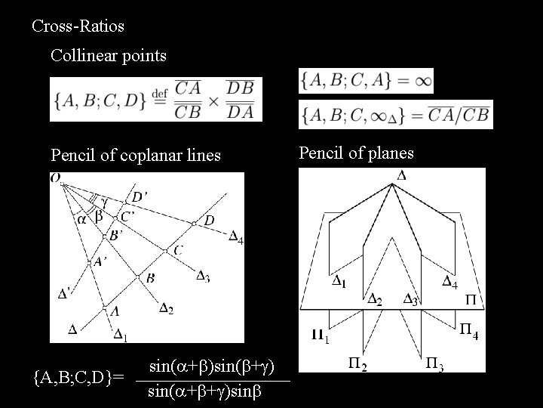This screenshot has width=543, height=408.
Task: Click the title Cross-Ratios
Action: coord(78,26)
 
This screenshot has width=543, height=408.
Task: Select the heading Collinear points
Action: coord(109,55)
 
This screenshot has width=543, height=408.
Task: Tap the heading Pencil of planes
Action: coord(356,153)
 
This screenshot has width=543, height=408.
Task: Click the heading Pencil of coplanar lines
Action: coord(136,156)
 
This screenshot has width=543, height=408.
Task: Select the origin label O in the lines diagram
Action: coord(56,178)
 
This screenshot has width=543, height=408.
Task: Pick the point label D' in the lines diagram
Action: coord(140,197)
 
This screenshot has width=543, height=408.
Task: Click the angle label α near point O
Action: coord(81,219)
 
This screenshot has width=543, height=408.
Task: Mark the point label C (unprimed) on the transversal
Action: coord(178,249)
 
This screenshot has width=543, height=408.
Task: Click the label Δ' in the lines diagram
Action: coord(66,294)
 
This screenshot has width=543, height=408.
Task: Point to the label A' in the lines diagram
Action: coord(100,262)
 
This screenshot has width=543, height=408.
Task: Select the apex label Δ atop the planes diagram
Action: coord(400,175)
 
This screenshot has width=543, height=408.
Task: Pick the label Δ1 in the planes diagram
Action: coord(339,283)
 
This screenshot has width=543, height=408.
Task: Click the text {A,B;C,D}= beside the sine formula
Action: coord(74,374)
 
